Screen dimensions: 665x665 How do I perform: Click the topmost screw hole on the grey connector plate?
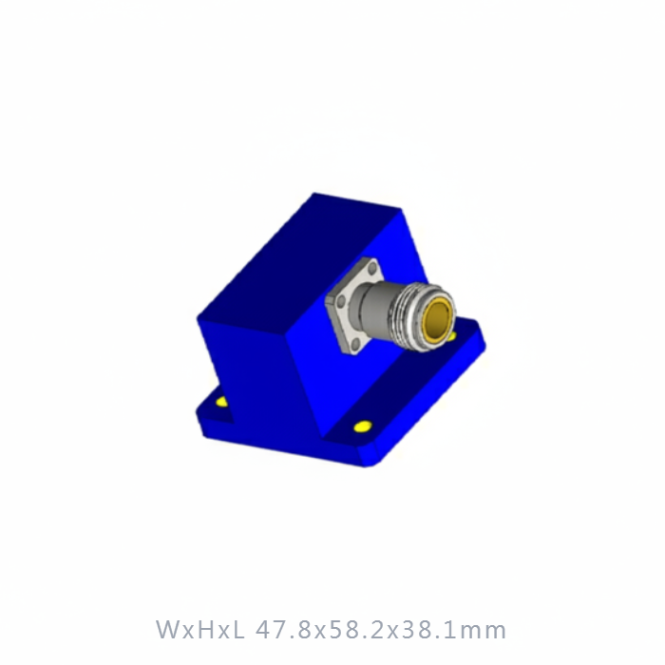coord(372,269)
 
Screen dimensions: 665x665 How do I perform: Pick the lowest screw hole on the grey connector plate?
coord(356,342)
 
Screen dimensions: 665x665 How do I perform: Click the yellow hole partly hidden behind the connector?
coord(452,336)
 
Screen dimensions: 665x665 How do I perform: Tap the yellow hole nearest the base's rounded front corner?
coord(363,427)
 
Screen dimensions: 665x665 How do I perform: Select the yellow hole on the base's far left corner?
coord(221,402)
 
